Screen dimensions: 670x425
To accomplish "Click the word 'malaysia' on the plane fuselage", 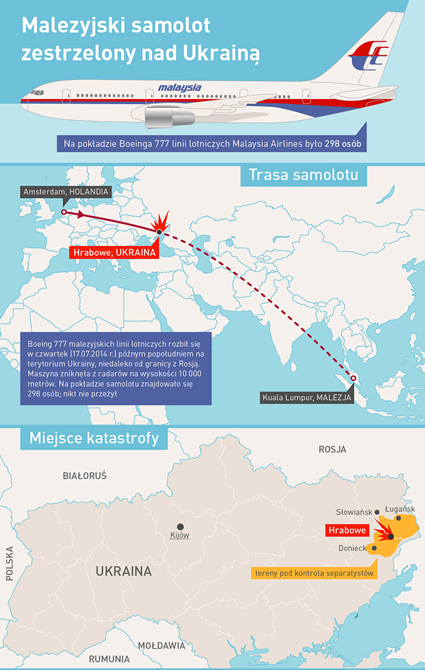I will tap(179, 87).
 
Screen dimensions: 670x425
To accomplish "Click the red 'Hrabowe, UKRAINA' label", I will tap(114, 253).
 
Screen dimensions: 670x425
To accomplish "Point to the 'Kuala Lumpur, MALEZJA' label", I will tap(307, 397).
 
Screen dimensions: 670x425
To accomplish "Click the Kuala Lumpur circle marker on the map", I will tap(353, 379).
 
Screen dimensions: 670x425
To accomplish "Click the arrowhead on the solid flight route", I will tap(79, 215).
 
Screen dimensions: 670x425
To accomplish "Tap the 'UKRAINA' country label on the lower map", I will tap(124, 571).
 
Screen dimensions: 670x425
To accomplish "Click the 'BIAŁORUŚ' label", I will tap(84, 476).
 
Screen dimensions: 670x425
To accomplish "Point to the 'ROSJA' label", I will tap(332, 449).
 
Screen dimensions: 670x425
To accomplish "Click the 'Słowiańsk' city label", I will tap(354, 512).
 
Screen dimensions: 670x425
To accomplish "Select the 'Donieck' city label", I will tap(352, 548).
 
